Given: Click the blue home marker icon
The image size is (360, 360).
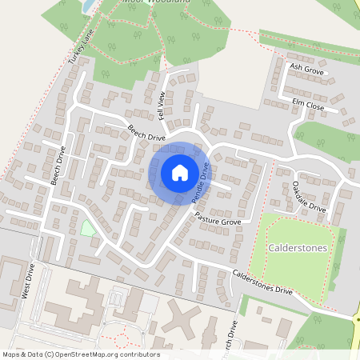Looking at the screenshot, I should [180, 172].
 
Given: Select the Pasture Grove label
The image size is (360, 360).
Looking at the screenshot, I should [218, 219].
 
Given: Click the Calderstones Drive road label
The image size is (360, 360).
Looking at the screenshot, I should [262, 282].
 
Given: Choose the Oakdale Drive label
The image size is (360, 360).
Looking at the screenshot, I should [309, 196].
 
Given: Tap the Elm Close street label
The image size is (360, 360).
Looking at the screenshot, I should [307, 104].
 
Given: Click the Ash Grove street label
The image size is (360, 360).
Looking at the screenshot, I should [306, 71].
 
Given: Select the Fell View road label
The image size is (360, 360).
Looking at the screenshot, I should [162, 106].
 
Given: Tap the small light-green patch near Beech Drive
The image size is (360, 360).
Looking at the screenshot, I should [87, 228].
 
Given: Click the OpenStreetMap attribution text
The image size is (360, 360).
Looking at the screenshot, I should [81, 354].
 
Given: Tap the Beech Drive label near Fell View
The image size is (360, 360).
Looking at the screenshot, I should [146, 132].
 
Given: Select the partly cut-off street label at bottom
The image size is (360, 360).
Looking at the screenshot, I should [232, 336].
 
